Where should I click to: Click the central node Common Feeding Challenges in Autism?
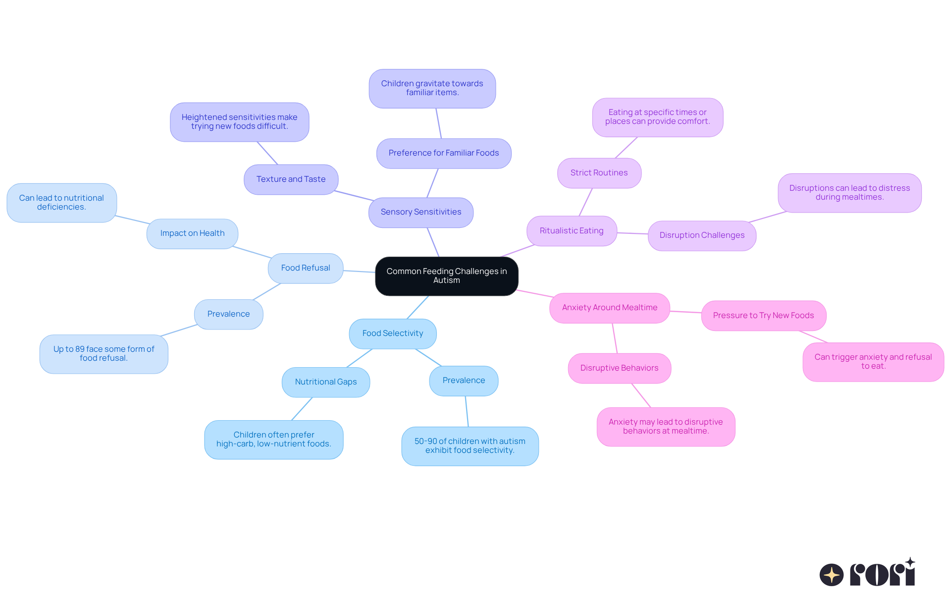coord(446,276)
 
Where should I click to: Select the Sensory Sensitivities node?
coord(421,212)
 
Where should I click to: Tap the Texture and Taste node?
coord(291,179)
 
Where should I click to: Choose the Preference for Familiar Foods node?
coord(443,153)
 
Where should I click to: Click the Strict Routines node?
coord(599,173)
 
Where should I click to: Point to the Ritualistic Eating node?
coord(571,231)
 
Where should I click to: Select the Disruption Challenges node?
coord(701,235)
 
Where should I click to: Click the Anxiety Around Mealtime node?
coord(609,308)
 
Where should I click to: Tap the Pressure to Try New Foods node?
coord(763,316)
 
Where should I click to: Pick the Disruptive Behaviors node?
coord(619,368)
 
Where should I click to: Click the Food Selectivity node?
coord(392,333)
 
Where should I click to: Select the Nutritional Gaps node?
coord(325,382)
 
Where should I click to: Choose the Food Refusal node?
coord(305,268)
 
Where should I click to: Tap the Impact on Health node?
coord(192,233)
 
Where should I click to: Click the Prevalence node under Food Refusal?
coord(228,314)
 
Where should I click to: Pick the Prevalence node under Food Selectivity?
coord(464,381)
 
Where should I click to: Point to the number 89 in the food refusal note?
coord(80,349)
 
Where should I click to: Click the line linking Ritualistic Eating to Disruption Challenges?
coord(633,233)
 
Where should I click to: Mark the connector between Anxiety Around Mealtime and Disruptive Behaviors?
coord(615,338)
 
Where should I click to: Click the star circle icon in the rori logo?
coord(831,575)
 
